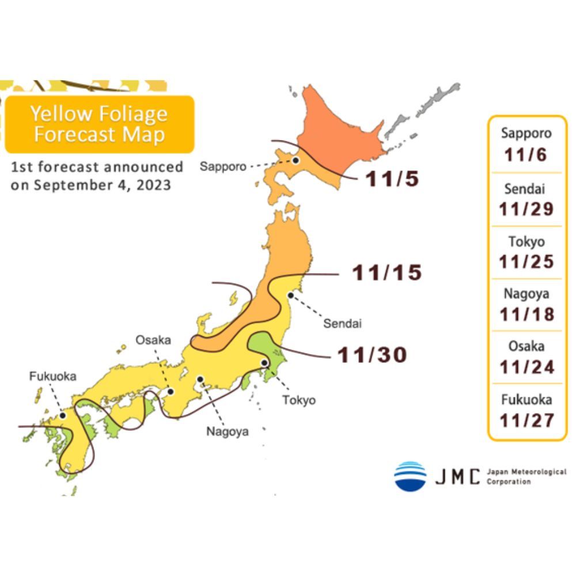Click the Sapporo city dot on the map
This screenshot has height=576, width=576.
point(295,161)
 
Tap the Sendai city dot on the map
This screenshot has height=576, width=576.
point(291,295)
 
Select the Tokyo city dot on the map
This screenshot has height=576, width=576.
point(264,363)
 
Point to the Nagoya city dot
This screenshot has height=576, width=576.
point(200,379)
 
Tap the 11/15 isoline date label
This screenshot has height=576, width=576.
point(387,272)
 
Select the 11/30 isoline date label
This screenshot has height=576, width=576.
point(372,355)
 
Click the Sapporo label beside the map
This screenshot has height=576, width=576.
point(223,167)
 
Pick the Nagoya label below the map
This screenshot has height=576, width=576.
point(228,431)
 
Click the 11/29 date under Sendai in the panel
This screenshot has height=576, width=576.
point(526,209)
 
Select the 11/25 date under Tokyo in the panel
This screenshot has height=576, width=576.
point(526,262)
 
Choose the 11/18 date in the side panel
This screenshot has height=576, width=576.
point(526,314)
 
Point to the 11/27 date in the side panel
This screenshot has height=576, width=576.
point(526,420)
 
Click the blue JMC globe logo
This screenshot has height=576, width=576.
point(410,476)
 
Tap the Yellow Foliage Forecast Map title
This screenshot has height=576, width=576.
point(99,124)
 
